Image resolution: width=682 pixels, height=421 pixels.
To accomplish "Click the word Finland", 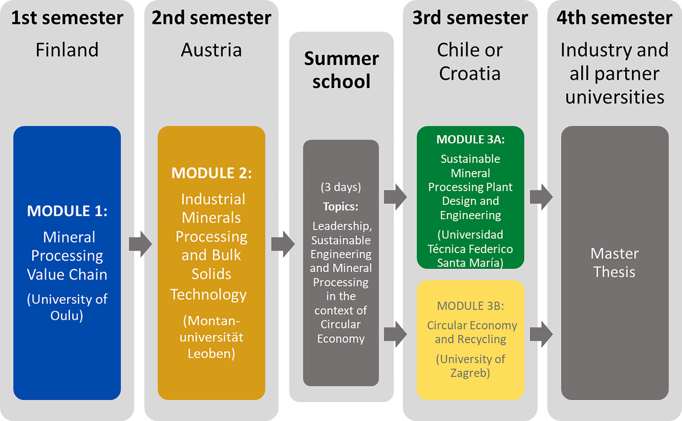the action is tap(67, 50).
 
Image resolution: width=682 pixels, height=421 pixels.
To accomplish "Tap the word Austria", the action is tap(211, 50).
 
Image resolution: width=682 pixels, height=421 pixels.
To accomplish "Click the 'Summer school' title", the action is tap(341, 70).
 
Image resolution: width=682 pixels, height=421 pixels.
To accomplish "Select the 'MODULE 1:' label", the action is tap(67, 211).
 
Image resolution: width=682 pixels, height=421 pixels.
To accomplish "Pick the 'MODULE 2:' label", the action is tap(212, 173).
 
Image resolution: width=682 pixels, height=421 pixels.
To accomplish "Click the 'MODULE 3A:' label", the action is tap(470, 139).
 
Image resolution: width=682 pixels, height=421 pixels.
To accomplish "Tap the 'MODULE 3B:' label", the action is tap(470, 306).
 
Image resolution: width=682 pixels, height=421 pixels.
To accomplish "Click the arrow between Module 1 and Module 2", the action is tap(141, 244).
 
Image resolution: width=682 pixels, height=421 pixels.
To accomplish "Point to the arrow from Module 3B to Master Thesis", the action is tap(541, 334).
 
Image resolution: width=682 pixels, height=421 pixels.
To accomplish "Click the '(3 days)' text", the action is tap(341, 187).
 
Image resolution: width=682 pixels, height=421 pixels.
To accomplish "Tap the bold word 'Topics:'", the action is tap(341, 206).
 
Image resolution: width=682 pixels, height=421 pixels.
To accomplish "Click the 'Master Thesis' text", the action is tap(614, 263).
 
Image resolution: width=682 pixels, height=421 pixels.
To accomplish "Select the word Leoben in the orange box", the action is tap(211, 353).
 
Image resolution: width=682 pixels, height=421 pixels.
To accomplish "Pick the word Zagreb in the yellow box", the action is tap(470, 373).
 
